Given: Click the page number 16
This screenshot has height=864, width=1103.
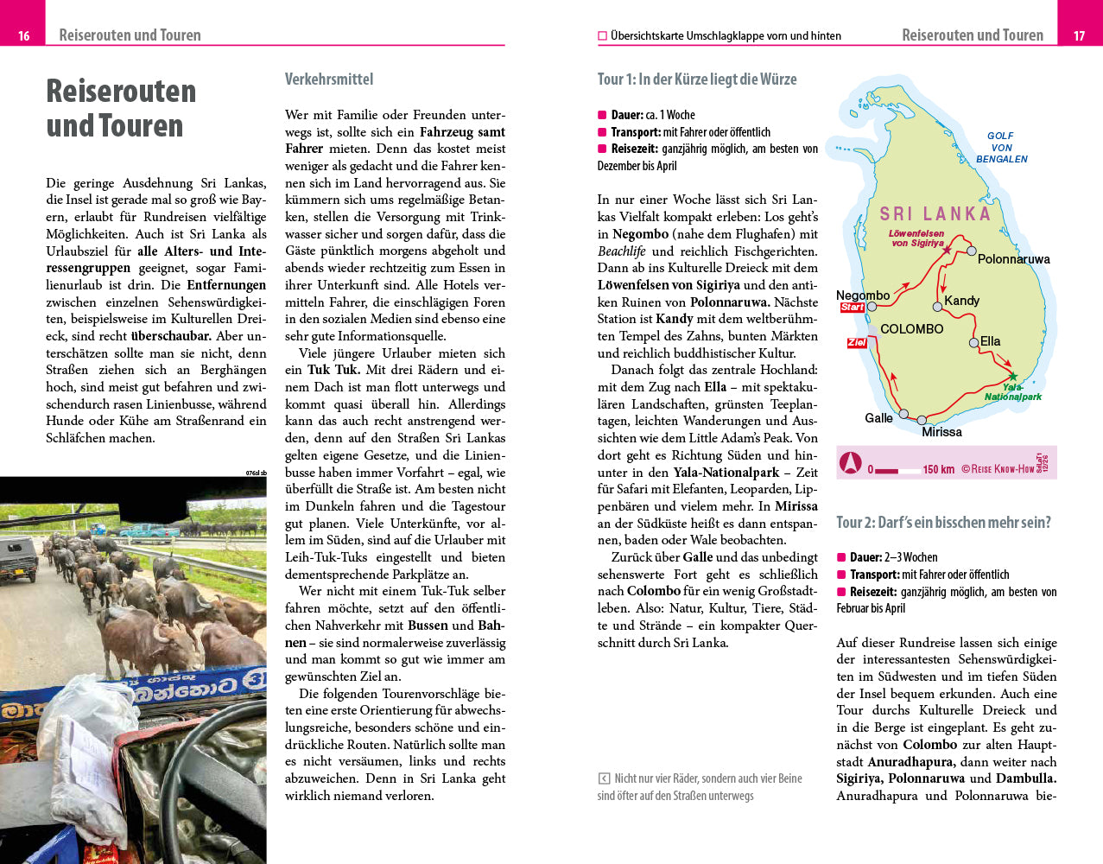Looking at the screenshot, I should [x=23, y=35].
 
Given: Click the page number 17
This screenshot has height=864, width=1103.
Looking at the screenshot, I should [x=1079, y=35].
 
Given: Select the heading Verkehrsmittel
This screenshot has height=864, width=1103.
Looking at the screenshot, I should [x=329, y=79].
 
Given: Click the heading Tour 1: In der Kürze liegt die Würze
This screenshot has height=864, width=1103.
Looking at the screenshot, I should [x=696, y=79].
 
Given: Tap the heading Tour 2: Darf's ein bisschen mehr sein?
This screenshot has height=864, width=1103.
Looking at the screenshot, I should [x=943, y=523].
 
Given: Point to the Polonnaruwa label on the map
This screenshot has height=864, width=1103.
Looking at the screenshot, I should [x=1013, y=259].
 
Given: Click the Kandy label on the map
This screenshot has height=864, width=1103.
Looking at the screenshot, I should [x=961, y=301].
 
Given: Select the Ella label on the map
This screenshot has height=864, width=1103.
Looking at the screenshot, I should [x=990, y=341].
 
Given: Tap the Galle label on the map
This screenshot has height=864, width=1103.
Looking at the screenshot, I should [x=878, y=418].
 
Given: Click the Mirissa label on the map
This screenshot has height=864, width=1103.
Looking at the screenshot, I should [x=941, y=432].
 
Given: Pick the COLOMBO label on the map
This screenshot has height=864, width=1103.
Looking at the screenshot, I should [x=911, y=329].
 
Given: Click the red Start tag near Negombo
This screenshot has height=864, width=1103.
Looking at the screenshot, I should [x=852, y=308].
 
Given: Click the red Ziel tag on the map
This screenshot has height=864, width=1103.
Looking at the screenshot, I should [x=856, y=343].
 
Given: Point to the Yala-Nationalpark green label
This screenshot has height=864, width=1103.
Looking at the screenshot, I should [x=1013, y=392].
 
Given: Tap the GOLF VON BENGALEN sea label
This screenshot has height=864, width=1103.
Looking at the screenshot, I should [x=1001, y=147].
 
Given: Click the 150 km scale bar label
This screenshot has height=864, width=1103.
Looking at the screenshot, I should [x=938, y=469].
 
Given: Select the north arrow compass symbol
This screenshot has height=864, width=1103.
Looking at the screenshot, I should [x=851, y=464].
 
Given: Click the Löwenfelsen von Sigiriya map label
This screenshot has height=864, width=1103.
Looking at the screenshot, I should [x=916, y=238].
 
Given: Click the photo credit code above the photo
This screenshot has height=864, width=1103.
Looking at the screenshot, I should [x=256, y=473].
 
